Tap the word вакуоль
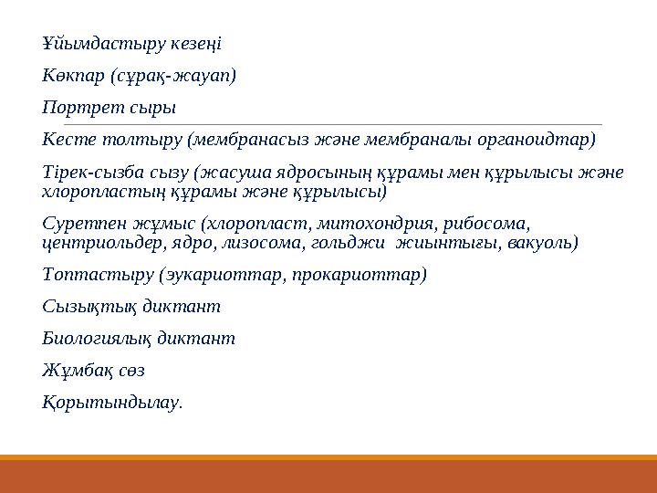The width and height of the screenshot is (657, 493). coord(547,243)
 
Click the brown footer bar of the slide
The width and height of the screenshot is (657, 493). coord(328,476)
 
